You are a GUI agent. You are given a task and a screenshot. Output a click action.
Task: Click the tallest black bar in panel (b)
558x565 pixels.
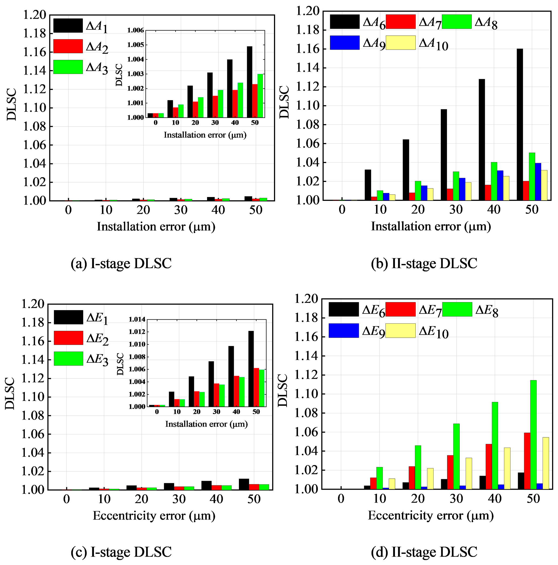tap(519, 124)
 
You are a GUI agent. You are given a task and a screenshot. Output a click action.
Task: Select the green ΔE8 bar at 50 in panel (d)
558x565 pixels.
tap(533, 434)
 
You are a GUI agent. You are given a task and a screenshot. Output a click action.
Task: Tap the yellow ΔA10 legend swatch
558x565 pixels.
tap(400, 43)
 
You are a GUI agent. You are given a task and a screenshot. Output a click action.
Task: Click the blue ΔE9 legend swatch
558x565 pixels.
tap(343, 330)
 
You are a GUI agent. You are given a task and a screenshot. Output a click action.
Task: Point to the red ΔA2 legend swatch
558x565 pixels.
tap(68, 46)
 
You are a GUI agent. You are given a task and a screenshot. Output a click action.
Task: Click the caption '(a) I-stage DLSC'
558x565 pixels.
tap(121, 263)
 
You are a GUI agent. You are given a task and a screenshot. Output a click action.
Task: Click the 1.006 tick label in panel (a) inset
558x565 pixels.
tap(136, 30)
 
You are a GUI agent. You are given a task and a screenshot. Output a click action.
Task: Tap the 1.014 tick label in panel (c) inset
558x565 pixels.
tap(137, 319)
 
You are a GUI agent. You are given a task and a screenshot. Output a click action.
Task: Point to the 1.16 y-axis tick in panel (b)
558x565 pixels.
tap(308, 49)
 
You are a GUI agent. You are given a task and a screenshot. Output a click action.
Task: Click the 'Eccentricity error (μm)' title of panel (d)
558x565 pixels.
tap(431, 515)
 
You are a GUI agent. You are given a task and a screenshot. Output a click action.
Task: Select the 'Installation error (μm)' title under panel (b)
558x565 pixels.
tap(431, 226)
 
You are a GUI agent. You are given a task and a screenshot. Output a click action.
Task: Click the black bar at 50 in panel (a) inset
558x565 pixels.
tap(249, 82)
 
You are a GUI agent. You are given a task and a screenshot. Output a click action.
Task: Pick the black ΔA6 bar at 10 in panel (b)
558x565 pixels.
tap(368, 185)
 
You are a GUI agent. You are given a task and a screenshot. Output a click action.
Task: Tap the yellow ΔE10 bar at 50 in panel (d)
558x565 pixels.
tap(545, 463)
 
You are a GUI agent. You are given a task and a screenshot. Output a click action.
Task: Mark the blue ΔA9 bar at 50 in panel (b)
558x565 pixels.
tap(538, 182)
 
